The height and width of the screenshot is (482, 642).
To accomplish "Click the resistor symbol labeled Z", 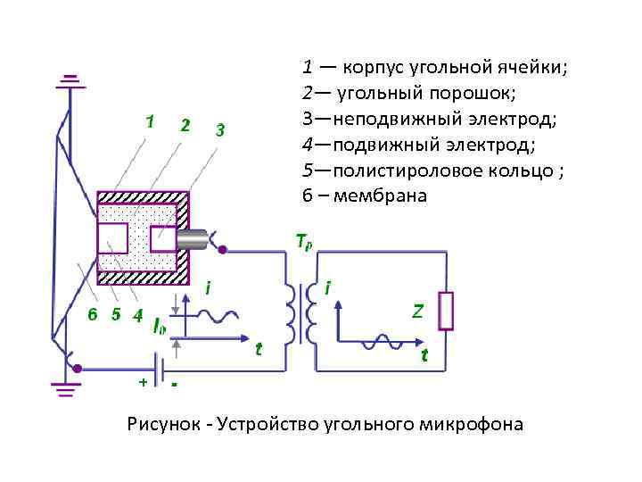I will [x=449, y=311].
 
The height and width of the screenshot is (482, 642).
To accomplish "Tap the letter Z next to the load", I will [x=416, y=312].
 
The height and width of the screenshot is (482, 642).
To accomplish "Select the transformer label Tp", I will [x=303, y=241].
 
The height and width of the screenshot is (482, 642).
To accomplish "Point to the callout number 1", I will [x=151, y=120].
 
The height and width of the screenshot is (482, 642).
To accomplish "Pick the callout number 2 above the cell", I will [x=184, y=125].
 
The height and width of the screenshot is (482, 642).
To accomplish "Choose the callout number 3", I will [x=218, y=131].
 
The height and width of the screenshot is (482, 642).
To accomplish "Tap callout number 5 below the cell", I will [x=115, y=314].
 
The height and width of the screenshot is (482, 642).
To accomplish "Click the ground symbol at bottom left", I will [x=63, y=387].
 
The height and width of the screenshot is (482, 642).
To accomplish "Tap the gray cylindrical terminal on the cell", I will [x=192, y=238].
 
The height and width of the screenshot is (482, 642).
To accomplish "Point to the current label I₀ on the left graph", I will [x=159, y=327].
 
